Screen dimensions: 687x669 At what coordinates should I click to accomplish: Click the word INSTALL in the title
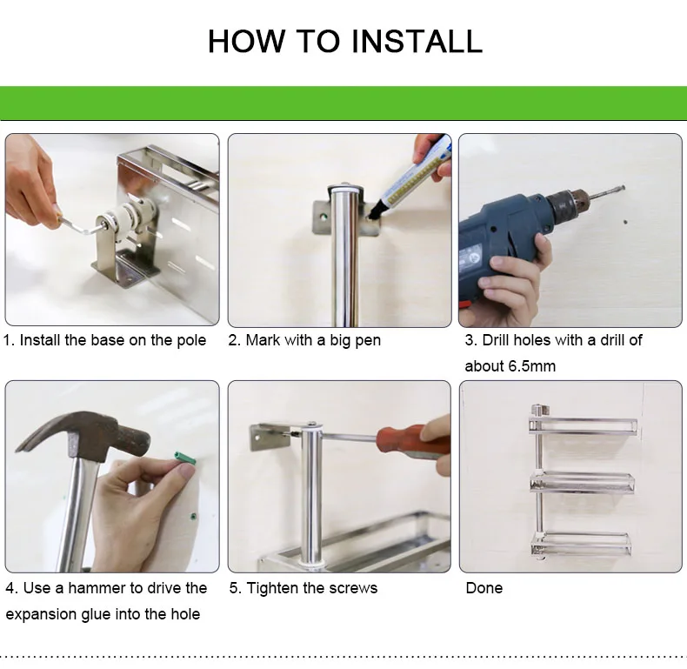coord(417,42)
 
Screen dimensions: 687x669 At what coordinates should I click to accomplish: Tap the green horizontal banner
coord(343,103)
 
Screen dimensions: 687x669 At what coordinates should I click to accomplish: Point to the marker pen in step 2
coord(410,177)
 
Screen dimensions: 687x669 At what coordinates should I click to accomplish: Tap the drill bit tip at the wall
coord(622,189)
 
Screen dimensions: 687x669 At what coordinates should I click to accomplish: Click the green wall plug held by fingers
coord(185,458)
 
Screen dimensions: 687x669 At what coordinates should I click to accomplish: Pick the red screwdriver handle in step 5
coord(413,440)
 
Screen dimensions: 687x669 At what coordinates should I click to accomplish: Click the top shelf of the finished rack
coord(583,426)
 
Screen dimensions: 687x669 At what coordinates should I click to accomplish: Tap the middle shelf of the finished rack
coord(583,481)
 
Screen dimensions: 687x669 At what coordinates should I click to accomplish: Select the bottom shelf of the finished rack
coord(582,544)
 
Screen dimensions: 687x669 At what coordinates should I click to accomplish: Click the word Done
coord(484,588)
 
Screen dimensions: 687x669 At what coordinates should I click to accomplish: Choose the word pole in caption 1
coord(191,340)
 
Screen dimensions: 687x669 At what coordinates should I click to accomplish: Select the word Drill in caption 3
coord(496,340)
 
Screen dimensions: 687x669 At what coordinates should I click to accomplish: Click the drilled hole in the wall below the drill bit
coord(625,222)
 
